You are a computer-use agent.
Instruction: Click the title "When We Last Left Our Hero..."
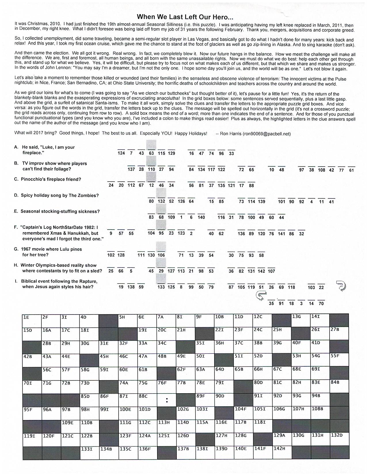point(185,17)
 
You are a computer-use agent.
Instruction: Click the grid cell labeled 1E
point(32,321)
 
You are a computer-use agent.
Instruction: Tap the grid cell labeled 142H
point(282,453)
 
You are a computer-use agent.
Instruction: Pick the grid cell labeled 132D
point(339,440)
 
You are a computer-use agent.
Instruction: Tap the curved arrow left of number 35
point(261,295)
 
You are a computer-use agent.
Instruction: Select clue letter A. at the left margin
point(16,147)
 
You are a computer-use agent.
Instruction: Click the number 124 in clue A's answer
point(121,153)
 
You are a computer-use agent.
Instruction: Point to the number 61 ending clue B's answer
point(351,170)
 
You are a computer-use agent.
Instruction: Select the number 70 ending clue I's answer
point(321,303)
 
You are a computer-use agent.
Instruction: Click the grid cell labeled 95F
point(32,413)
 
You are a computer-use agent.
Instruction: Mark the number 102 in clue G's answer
point(111,255)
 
